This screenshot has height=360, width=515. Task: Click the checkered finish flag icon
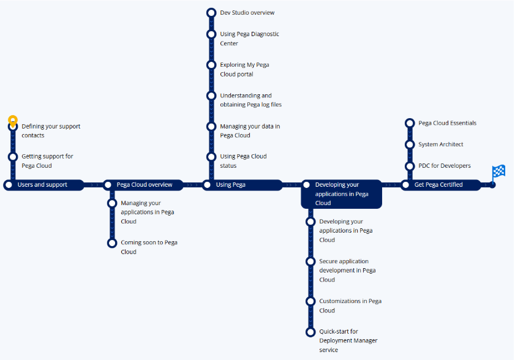[x=498, y=173]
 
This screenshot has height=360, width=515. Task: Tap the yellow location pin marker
[x=13, y=120]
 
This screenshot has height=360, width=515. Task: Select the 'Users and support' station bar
[x=43, y=185]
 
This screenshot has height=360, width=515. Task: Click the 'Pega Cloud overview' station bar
[x=145, y=185]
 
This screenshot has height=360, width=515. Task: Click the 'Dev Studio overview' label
[x=247, y=13]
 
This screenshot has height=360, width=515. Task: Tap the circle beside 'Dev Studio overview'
[x=211, y=13]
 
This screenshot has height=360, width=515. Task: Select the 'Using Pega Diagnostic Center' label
[x=249, y=39]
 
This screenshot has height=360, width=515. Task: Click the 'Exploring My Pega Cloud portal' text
[x=245, y=69]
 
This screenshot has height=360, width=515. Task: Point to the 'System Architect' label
[x=441, y=144]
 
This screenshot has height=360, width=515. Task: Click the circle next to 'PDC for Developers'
[x=410, y=166]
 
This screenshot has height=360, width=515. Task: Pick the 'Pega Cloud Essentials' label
[x=447, y=123]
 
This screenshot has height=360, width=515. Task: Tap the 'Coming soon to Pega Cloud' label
[x=149, y=247]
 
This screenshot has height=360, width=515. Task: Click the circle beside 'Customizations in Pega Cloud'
[x=310, y=301]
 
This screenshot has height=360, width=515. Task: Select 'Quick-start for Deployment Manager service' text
[x=348, y=340]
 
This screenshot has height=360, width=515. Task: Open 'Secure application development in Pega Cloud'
[x=347, y=270]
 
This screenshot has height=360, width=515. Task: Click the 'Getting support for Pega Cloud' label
[x=47, y=161]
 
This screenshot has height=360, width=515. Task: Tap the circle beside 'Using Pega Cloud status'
[x=211, y=157]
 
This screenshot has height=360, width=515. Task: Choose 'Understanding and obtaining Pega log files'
[x=250, y=100]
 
